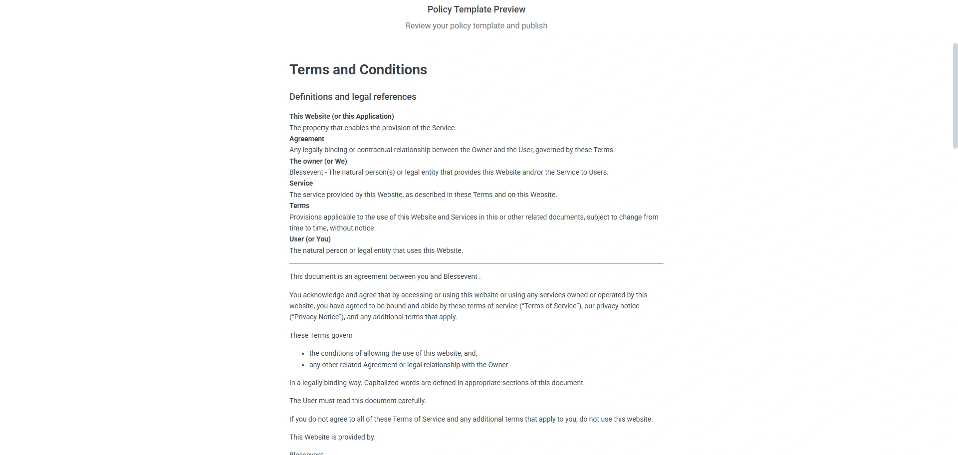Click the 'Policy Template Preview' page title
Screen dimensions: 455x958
click(x=476, y=9)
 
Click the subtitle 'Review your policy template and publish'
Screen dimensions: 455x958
click(x=476, y=25)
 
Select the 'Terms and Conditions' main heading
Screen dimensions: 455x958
click(x=358, y=69)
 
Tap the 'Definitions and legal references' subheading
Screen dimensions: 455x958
click(x=352, y=97)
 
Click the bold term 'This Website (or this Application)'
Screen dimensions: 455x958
click(x=341, y=116)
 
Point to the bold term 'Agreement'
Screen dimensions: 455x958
click(x=306, y=139)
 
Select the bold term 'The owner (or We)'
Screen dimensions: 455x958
click(x=318, y=161)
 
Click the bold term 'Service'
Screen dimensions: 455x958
click(x=301, y=183)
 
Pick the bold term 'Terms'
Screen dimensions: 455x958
click(x=299, y=206)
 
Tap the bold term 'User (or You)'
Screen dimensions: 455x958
click(x=310, y=239)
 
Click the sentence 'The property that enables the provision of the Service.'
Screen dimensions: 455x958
click(x=372, y=128)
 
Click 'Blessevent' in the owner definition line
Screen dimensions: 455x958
click(x=306, y=172)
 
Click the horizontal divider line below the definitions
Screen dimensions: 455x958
click(x=476, y=263)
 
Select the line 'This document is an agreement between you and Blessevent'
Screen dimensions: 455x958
click(x=384, y=276)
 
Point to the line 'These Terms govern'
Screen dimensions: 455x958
click(x=320, y=335)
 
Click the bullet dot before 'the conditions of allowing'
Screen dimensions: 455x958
click(x=303, y=354)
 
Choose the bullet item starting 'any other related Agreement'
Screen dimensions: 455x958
click(x=408, y=365)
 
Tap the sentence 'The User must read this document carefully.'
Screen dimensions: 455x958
click(x=357, y=401)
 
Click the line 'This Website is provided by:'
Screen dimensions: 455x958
click(x=332, y=437)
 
